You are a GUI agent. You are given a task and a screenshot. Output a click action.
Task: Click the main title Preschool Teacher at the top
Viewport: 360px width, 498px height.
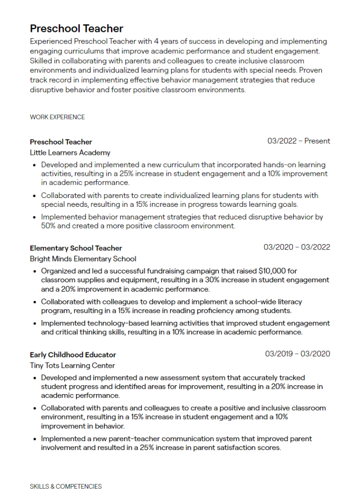(77, 28)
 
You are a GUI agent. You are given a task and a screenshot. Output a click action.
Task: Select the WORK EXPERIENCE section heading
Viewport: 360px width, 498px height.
(57, 117)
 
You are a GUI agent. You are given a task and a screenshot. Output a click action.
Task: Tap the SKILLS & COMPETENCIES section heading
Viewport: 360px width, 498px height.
(66, 487)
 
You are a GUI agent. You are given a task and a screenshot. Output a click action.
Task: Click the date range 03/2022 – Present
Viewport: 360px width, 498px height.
(299, 141)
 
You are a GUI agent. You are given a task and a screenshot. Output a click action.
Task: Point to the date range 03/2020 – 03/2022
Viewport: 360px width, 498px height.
(297, 247)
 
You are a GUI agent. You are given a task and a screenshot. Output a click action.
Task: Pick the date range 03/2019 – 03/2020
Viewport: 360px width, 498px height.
(298, 354)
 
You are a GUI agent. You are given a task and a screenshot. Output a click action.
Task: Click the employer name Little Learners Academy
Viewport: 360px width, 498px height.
(70, 152)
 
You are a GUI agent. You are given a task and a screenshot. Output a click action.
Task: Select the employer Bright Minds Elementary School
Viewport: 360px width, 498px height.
(83, 259)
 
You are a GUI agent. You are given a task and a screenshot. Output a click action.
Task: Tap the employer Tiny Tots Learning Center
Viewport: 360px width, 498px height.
(73, 366)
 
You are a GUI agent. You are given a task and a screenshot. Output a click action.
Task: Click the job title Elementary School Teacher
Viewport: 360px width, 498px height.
(76, 248)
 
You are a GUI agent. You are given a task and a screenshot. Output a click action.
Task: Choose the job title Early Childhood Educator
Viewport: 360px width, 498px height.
(73, 355)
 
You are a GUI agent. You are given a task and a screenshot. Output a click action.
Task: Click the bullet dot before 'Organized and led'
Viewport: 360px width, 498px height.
(35, 271)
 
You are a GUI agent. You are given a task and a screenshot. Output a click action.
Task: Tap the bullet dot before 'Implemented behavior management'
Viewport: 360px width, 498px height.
(35, 217)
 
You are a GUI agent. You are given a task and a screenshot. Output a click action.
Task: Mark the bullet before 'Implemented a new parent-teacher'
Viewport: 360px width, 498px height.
(35, 439)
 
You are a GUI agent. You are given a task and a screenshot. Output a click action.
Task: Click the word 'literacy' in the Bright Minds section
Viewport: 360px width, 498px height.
(289, 302)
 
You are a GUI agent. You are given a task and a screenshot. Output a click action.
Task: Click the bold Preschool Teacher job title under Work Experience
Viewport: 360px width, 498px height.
(61, 142)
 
